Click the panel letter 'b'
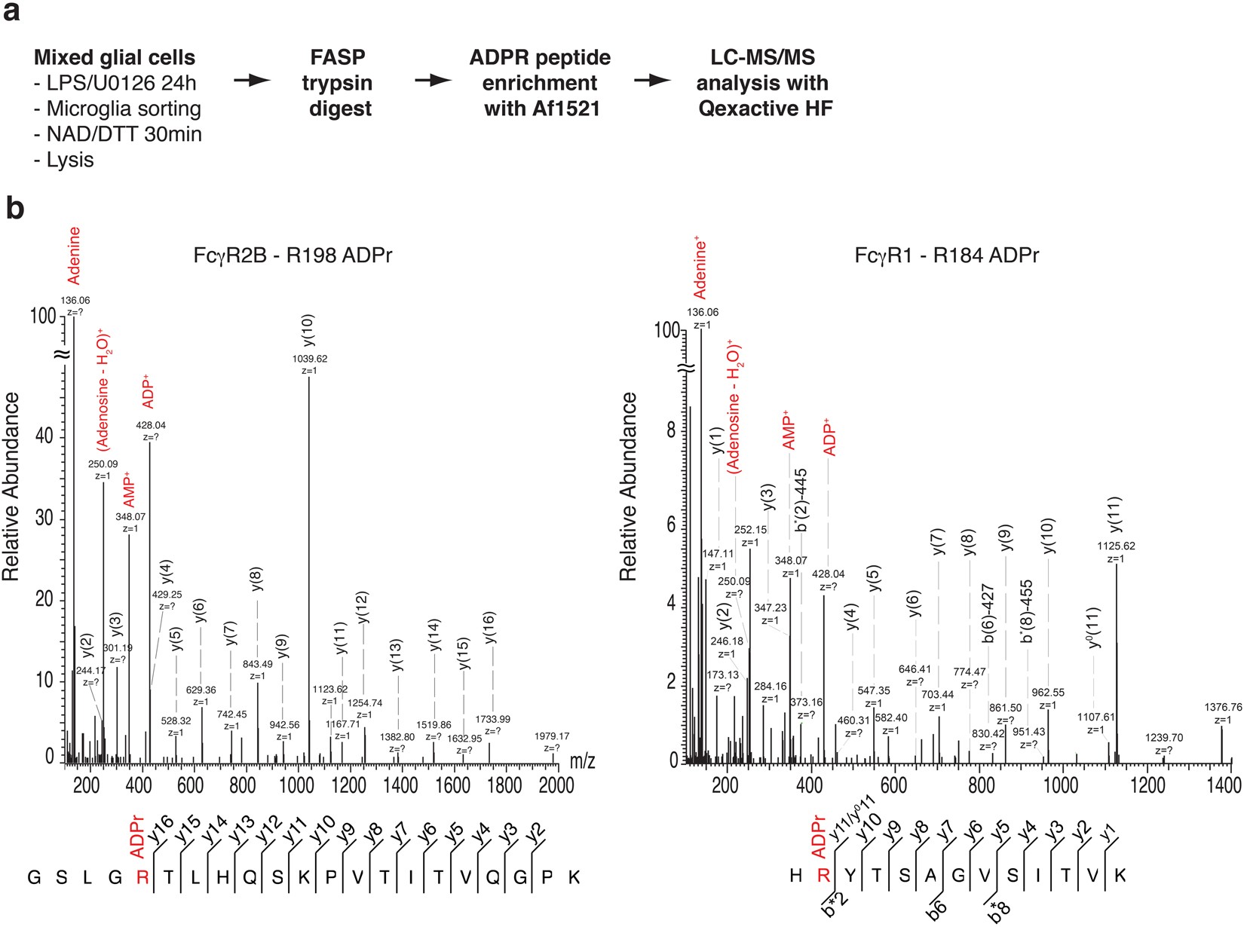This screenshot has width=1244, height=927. click(x=14, y=207)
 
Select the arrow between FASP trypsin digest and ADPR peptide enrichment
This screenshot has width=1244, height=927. click(x=433, y=80)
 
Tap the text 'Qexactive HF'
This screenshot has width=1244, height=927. click(x=765, y=109)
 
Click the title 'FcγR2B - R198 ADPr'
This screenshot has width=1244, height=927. click(x=293, y=255)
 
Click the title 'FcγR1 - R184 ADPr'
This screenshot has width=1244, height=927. click(x=947, y=255)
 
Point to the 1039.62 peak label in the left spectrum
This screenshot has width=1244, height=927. click(x=310, y=359)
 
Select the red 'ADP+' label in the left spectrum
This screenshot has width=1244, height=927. click(x=148, y=390)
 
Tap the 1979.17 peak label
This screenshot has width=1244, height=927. click(x=552, y=736)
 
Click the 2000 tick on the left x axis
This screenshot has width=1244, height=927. click(x=556, y=785)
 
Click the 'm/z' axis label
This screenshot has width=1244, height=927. click(x=582, y=760)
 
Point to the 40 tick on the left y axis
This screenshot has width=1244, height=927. click(x=45, y=436)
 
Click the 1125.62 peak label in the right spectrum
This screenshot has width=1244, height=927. click(x=1117, y=546)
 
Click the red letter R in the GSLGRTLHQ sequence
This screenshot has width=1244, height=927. click(x=142, y=877)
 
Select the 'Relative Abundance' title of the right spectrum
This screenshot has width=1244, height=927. click(x=628, y=487)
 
